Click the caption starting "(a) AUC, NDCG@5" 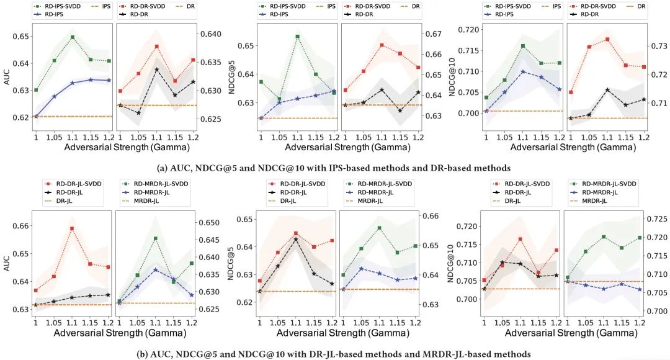point(335,167)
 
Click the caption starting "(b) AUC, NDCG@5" point(335,353)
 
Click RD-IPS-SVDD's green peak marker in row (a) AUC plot point(73,37)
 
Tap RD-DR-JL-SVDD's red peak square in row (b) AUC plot point(72,228)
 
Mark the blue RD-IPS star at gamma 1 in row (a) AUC point(36,116)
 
